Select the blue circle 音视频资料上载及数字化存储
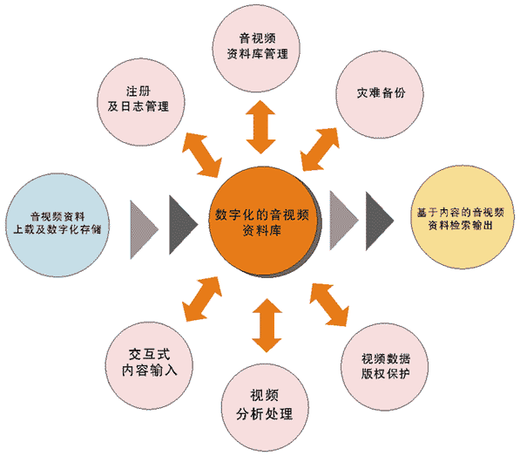[x=57, y=225]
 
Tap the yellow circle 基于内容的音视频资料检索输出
[x=463, y=217]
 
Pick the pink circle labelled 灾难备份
[x=380, y=94]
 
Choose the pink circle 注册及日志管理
[x=141, y=102]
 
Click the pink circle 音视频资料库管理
[x=256, y=48]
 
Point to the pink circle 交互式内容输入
[x=149, y=365]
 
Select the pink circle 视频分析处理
[x=265, y=407]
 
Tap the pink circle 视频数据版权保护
[x=384, y=367]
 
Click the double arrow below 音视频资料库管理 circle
[x=260, y=126]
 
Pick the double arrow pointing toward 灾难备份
[x=320, y=149]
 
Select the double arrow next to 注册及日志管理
[x=202, y=155]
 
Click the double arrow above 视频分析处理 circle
[x=267, y=325]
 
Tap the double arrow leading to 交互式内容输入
[x=202, y=299]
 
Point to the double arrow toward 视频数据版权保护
[x=329, y=304]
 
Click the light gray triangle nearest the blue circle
[x=144, y=229]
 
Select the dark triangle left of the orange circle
[x=184, y=225]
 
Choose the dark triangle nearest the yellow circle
[x=380, y=221]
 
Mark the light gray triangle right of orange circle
[x=344, y=221]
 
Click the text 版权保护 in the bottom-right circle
[x=385, y=374]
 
